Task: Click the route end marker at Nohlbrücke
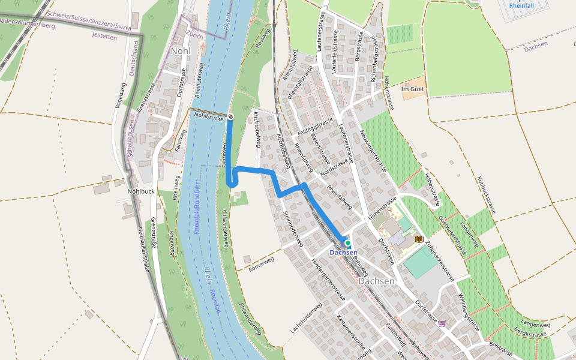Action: [x=230, y=116]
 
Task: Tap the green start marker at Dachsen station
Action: [x=347, y=243]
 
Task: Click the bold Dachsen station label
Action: [x=344, y=253]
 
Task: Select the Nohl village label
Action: [x=180, y=50]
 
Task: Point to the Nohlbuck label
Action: [x=141, y=191]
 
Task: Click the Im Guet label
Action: [x=412, y=89]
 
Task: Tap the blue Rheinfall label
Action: [x=521, y=5]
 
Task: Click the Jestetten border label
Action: [x=104, y=36]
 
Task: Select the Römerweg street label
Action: [x=260, y=264]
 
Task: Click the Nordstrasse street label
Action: [x=334, y=171]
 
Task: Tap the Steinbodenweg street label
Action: [x=291, y=228]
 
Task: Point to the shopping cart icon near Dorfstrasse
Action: [x=443, y=323]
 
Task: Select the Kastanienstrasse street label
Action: [x=351, y=333]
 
